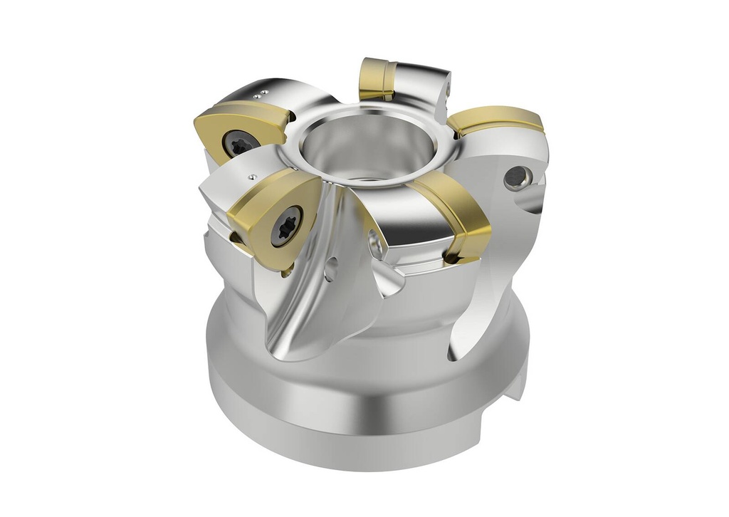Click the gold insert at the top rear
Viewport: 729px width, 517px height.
click(x=377, y=78)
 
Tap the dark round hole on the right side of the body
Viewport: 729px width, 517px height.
click(x=516, y=179)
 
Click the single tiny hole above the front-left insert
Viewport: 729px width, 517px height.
click(x=250, y=174)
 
